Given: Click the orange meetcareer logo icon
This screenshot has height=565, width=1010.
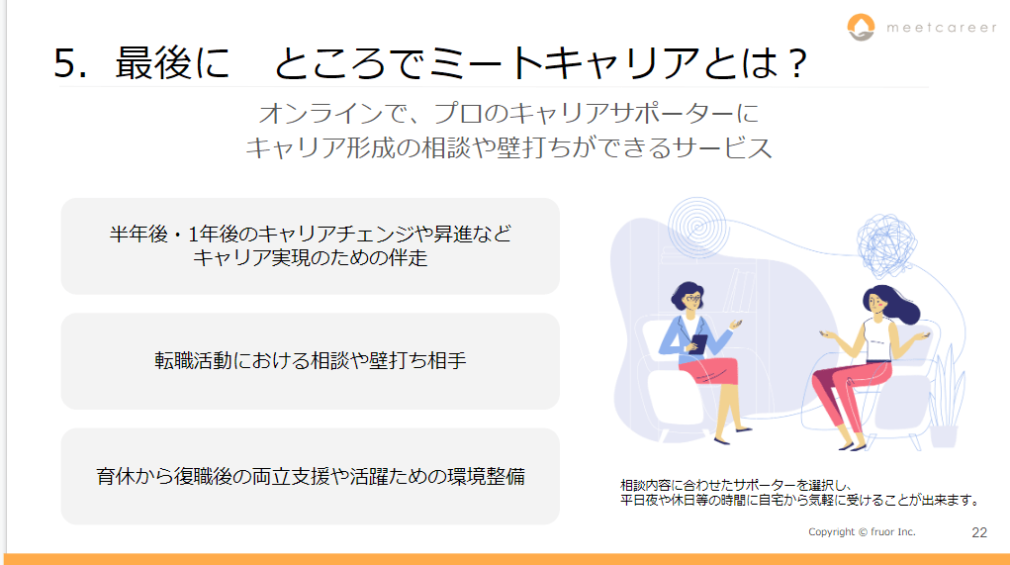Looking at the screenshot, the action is (862, 27).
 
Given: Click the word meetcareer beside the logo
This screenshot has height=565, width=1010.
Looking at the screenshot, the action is (941, 28).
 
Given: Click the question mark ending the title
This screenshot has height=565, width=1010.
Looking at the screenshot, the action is (798, 63).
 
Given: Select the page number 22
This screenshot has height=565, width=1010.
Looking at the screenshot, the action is (979, 532).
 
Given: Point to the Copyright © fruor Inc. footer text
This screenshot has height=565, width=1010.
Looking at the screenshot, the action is (862, 532).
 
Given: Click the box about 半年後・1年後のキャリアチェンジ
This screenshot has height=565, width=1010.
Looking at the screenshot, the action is (311, 246).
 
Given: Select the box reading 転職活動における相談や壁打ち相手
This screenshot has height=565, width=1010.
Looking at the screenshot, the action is (311, 361).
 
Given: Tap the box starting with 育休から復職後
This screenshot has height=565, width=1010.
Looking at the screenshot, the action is (311, 477).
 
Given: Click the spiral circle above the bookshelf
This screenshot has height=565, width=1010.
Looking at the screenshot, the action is (697, 227).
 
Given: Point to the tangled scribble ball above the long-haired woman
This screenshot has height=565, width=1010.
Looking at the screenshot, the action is (887, 245).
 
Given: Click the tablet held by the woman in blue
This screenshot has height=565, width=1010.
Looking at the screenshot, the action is (697, 344).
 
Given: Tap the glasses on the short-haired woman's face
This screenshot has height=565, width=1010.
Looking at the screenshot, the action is (691, 298).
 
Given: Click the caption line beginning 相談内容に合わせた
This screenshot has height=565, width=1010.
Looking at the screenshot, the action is (737, 486).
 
